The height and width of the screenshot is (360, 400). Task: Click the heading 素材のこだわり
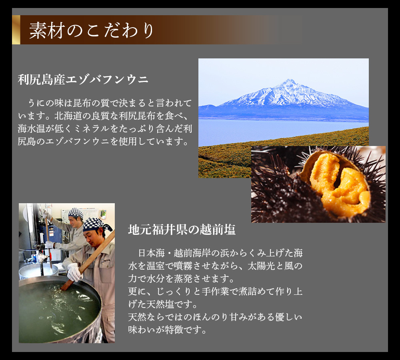91,30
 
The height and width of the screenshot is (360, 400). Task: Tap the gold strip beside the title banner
16,30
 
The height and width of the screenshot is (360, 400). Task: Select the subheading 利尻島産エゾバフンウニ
83,79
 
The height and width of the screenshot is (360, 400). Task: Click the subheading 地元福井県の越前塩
182,229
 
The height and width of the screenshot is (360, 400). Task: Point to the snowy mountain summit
289,81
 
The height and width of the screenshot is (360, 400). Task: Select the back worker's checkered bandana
76,213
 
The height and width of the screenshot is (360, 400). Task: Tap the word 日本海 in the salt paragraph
151,253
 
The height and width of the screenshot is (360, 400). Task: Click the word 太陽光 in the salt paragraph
261,266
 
